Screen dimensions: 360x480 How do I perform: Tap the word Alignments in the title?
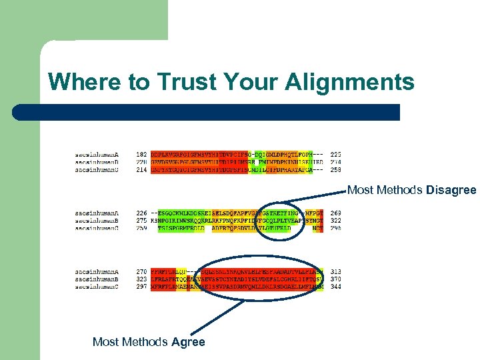349,82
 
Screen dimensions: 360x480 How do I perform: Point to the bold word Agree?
188,342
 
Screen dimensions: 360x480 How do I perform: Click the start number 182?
141,155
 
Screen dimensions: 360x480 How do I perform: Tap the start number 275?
141,221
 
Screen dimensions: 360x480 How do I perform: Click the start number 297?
141,286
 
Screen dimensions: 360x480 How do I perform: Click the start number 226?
141,213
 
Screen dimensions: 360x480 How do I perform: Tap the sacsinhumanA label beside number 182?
97,155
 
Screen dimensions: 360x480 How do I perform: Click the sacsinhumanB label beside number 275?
97,221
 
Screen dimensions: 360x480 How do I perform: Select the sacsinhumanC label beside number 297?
97,286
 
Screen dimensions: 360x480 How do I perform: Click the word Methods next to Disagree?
399,191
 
